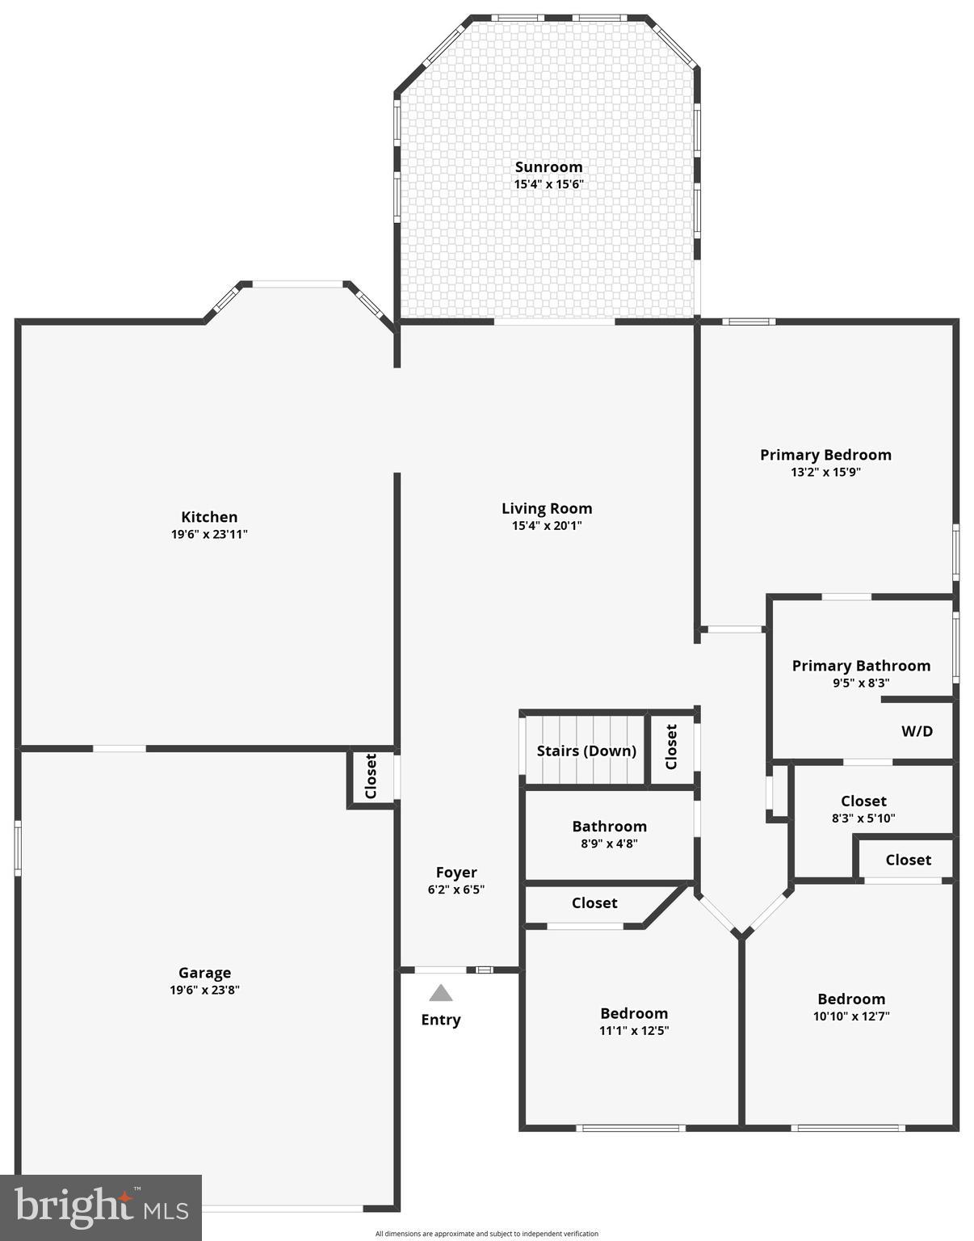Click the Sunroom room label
[x=548, y=167]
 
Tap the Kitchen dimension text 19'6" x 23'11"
[x=209, y=534]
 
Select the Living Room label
[x=547, y=508]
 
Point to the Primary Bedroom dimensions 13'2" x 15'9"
[x=825, y=472]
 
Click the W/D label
[x=917, y=731]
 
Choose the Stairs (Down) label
[x=586, y=751]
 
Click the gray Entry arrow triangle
[x=440, y=993]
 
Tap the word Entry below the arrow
[x=440, y=1020]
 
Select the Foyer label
[x=456, y=872]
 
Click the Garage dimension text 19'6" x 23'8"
[x=204, y=990]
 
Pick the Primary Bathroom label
[x=861, y=666]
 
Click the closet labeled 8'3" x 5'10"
[x=863, y=809]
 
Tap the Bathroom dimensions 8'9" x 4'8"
[x=609, y=843]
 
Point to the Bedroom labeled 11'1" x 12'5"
[x=634, y=1021]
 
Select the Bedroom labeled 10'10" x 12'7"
[x=851, y=1008]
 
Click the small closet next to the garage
[x=372, y=777]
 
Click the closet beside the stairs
[x=671, y=747]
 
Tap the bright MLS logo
[x=101, y=1207]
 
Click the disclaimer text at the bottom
[x=487, y=1234]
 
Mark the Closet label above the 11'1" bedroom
[x=594, y=902]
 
